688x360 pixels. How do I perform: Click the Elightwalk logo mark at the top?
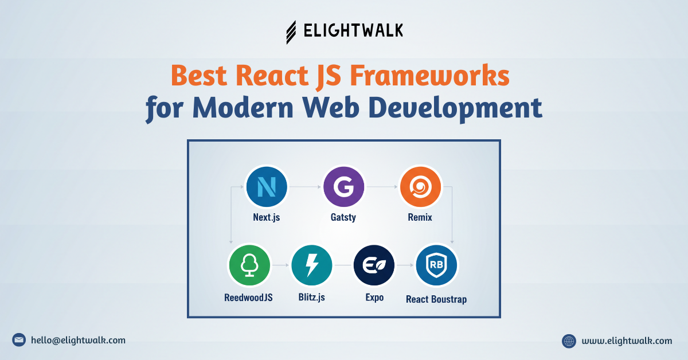[x=292, y=32]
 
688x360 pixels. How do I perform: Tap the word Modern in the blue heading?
[x=241, y=108]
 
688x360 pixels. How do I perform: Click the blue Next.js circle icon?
[x=266, y=186]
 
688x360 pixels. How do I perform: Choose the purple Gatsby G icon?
[x=343, y=186]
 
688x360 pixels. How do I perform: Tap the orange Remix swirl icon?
[x=420, y=186]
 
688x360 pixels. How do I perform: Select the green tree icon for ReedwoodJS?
[x=249, y=265]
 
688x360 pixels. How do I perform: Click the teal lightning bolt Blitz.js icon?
[x=311, y=265]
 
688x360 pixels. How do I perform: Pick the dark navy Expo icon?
[x=374, y=265]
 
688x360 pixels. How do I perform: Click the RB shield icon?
[x=436, y=265]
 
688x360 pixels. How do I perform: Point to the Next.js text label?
[x=266, y=217]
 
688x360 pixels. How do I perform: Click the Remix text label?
[x=420, y=217]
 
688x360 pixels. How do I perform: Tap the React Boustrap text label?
[x=436, y=299]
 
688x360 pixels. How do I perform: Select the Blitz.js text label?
[x=311, y=297]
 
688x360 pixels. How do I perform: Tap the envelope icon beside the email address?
[x=19, y=340]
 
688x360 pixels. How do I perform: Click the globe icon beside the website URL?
[x=569, y=341]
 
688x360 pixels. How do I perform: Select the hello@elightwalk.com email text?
[x=78, y=340]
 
